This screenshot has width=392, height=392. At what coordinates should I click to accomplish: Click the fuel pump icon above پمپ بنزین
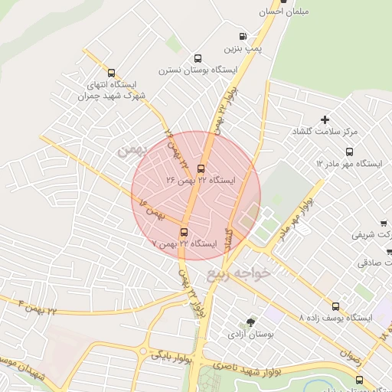pyautogui.click(x=243, y=35)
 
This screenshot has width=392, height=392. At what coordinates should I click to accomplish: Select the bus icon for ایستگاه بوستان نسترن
pyautogui.click(x=198, y=58)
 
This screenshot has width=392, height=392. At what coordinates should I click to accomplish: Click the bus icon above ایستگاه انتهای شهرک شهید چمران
pyautogui.click(x=112, y=73)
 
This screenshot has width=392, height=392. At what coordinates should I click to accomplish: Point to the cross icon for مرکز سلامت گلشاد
pyautogui.click(x=325, y=119)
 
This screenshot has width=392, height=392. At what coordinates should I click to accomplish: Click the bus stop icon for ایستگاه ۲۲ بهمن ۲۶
pyautogui.click(x=201, y=168)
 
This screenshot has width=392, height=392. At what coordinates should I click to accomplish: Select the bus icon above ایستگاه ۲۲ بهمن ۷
pyautogui.click(x=184, y=232)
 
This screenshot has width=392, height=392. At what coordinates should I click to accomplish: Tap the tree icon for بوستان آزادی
pyautogui.click(x=250, y=322)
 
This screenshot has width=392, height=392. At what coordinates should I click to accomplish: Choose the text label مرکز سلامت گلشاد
pyautogui.click(x=325, y=132)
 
